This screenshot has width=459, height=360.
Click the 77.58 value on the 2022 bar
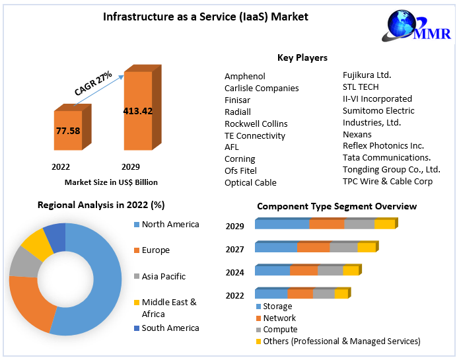[x=68, y=131]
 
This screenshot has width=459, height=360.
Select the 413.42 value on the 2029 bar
[x=137, y=111]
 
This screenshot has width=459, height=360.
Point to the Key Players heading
[x=302, y=58]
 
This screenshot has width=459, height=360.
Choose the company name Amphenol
[x=245, y=77]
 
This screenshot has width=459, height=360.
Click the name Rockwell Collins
[x=256, y=124]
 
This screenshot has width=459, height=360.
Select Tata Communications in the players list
[x=386, y=157]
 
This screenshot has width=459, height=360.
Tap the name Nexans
[x=358, y=134]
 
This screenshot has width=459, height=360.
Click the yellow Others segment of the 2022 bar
[x=341, y=294]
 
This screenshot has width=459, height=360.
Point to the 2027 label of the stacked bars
[x=234, y=250]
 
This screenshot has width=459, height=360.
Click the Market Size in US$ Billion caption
[x=111, y=182]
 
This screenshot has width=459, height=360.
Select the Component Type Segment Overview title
[x=337, y=207]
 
